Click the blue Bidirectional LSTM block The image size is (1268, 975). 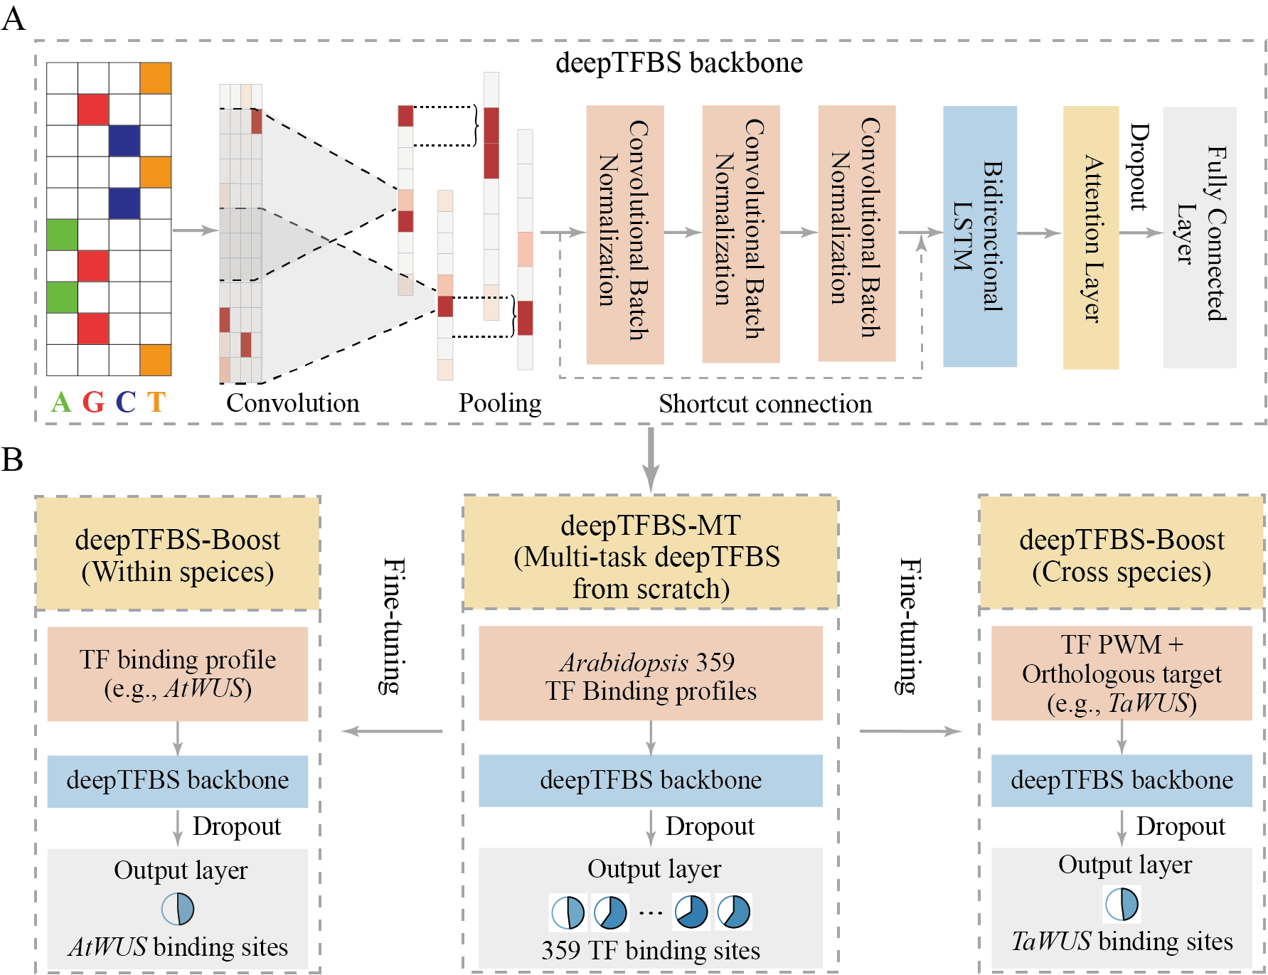(x=979, y=236)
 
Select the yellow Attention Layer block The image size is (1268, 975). (x=1090, y=238)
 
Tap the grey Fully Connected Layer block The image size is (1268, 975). (x=1199, y=238)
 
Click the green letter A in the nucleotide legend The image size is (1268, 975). (x=61, y=403)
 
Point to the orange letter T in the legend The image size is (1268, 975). (x=156, y=403)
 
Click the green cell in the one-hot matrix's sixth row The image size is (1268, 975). (x=62, y=235)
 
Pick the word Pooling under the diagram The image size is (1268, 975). (x=500, y=403)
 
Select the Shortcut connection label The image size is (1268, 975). (x=765, y=404)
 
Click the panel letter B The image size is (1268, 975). (x=12, y=460)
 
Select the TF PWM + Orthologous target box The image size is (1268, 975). (x=1122, y=673)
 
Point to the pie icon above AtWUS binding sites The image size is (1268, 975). (x=178, y=908)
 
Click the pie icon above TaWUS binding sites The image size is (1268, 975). (x=1122, y=904)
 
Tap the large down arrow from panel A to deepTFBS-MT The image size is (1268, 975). (x=650, y=459)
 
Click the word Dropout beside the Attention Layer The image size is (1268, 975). (x=1139, y=167)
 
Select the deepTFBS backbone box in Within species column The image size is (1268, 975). (x=178, y=780)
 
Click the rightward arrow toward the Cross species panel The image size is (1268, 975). (x=910, y=731)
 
